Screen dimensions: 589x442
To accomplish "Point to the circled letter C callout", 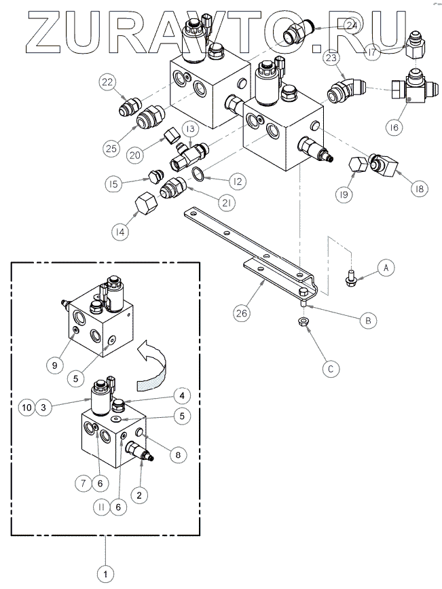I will (329, 369).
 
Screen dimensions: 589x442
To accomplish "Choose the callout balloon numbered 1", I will (105, 574).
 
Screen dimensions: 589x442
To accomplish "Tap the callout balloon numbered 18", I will (419, 189).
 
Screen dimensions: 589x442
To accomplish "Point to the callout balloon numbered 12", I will (236, 181).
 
